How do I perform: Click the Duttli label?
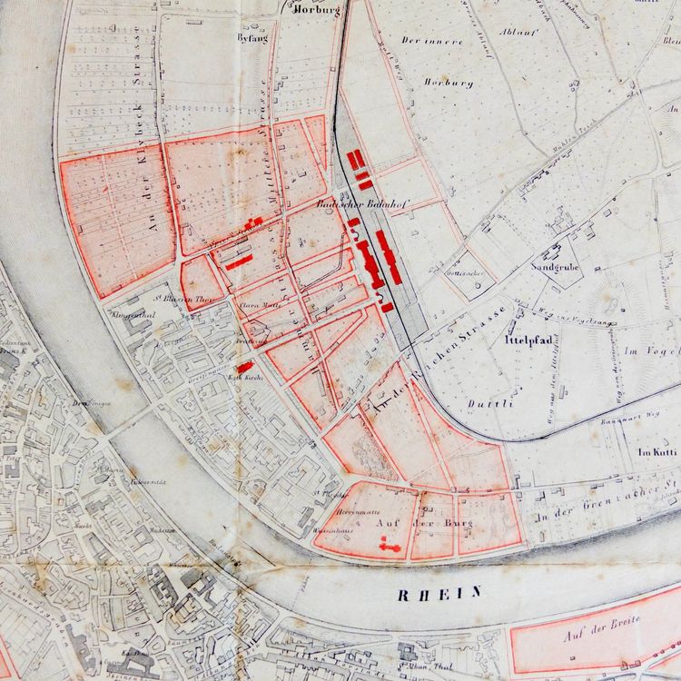click(x=490, y=403)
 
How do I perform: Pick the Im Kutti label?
click(x=657, y=451)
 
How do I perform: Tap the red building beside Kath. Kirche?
click(x=244, y=367)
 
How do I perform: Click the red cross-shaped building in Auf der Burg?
click(x=392, y=544)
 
